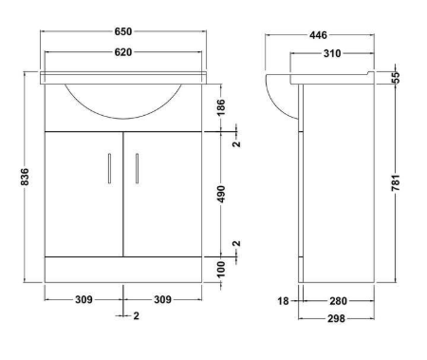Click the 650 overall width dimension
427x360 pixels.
[123, 31]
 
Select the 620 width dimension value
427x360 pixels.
[123, 52]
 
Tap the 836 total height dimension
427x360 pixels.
[25, 177]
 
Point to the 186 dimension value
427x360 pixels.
[221, 107]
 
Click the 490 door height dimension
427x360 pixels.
[221, 194]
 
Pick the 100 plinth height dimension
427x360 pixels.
[221, 269]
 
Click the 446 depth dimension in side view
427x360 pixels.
[318, 35]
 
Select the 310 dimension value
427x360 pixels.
[332, 53]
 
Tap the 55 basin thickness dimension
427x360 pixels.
[396, 78]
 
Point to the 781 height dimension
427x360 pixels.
[396, 182]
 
